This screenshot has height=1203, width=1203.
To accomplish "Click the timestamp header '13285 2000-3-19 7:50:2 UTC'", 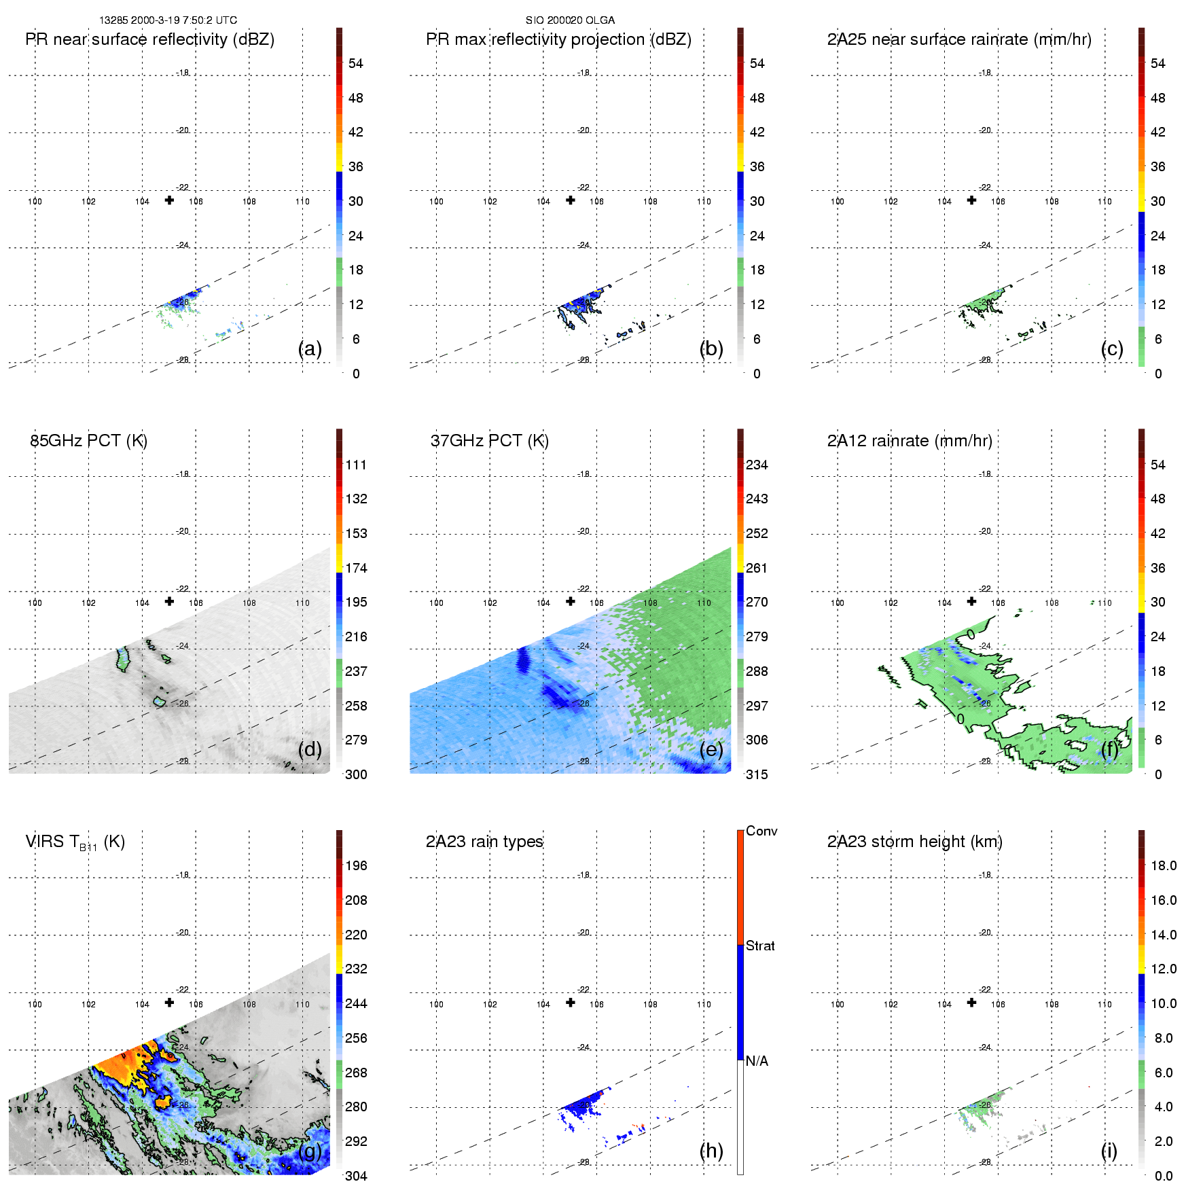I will [168, 20].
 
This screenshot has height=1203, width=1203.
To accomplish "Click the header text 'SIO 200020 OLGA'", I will [570, 20].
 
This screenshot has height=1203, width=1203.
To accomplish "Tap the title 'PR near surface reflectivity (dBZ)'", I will [150, 39].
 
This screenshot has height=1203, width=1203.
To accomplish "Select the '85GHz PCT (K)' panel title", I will [89, 441].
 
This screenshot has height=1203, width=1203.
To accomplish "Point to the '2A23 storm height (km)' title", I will [914, 842].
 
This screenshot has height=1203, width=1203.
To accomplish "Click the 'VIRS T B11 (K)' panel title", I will [75, 842].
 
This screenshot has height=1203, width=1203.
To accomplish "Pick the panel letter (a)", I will [310, 348].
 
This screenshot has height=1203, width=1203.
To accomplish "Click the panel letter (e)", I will [711, 749].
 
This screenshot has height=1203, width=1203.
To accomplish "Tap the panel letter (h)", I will [711, 1150].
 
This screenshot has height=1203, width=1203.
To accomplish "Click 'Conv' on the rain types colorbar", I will [761, 831].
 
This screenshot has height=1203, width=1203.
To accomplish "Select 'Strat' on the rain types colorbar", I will [760, 946].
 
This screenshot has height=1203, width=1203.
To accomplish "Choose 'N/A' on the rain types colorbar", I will [757, 1061].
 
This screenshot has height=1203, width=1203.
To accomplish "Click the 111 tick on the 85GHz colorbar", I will [356, 465].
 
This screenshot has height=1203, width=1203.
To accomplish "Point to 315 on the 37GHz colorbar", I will [757, 774].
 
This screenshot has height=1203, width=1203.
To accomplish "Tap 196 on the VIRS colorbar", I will [356, 865].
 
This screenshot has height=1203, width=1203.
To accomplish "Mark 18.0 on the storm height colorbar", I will [1164, 865].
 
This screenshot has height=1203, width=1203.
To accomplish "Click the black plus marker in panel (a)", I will [169, 200].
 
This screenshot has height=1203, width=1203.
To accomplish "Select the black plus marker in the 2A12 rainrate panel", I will [972, 601].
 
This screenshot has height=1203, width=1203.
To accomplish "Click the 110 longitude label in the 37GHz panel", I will [704, 603].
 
